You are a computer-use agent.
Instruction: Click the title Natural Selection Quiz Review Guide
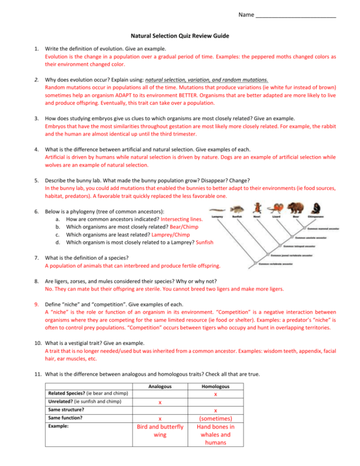180,36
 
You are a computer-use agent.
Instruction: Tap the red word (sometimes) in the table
216,418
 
